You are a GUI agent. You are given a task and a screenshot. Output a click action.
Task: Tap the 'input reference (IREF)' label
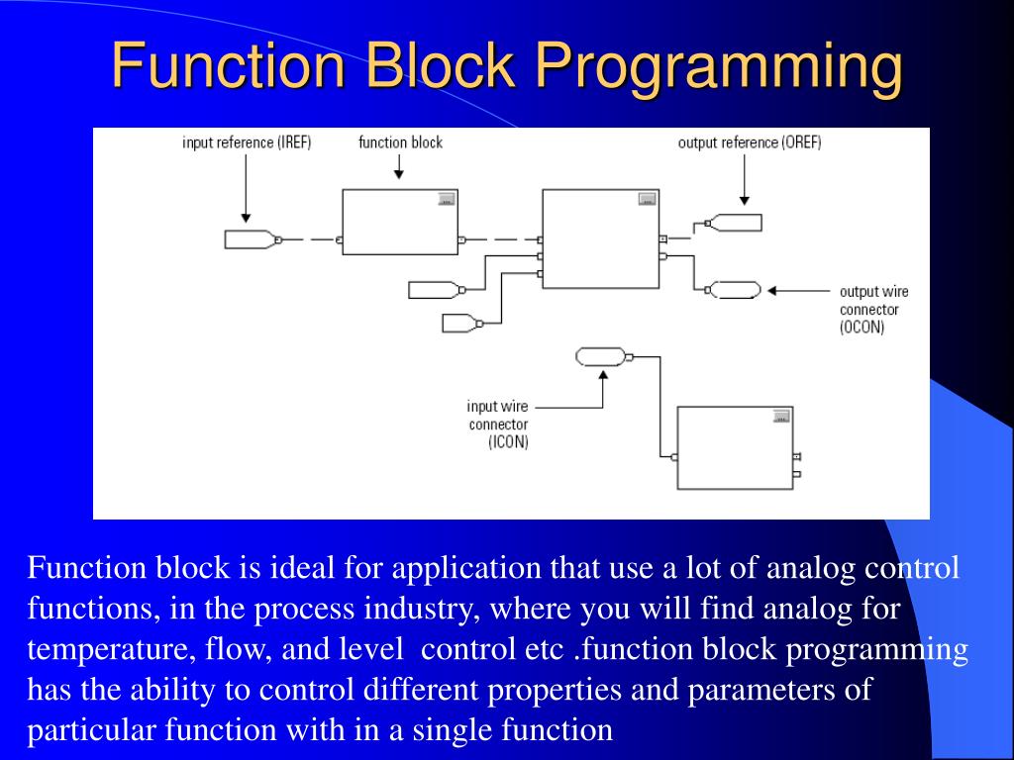pos(247,142)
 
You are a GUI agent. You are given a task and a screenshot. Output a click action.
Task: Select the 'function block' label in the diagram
pos(400,142)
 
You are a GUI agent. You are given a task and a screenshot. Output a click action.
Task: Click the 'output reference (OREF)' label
pos(749,142)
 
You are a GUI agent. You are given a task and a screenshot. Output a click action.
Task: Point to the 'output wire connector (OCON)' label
pos(873,309)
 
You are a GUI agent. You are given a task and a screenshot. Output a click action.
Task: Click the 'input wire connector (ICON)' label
pos(498,424)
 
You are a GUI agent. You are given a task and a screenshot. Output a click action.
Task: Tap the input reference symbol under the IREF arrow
pos(250,238)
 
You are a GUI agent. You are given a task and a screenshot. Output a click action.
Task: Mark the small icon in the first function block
pos(446,199)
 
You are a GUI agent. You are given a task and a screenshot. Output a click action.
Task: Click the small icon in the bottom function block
pos(780,416)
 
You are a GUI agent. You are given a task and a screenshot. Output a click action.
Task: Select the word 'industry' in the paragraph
pos(415,609)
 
